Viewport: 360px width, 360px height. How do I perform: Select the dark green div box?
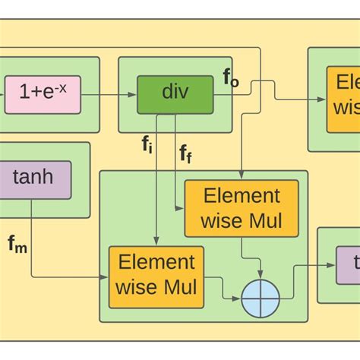click(175, 94)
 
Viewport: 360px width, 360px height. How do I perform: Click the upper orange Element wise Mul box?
click(242, 209)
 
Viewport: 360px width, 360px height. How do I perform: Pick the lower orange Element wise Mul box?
click(156, 275)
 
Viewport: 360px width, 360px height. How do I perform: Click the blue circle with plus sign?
click(261, 299)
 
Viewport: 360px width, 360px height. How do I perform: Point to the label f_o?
click(231, 78)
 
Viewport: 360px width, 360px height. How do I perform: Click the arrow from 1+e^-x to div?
click(106, 94)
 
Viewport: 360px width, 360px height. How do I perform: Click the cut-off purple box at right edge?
click(349, 265)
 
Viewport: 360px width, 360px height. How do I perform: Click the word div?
click(175, 93)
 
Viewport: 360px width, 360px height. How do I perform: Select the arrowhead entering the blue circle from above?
click(261, 276)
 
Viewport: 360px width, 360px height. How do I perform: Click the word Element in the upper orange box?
click(242, 196)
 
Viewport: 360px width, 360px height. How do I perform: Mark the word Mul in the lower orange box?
click(181, 288)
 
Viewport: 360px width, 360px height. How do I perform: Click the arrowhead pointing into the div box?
click(133, 94)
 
